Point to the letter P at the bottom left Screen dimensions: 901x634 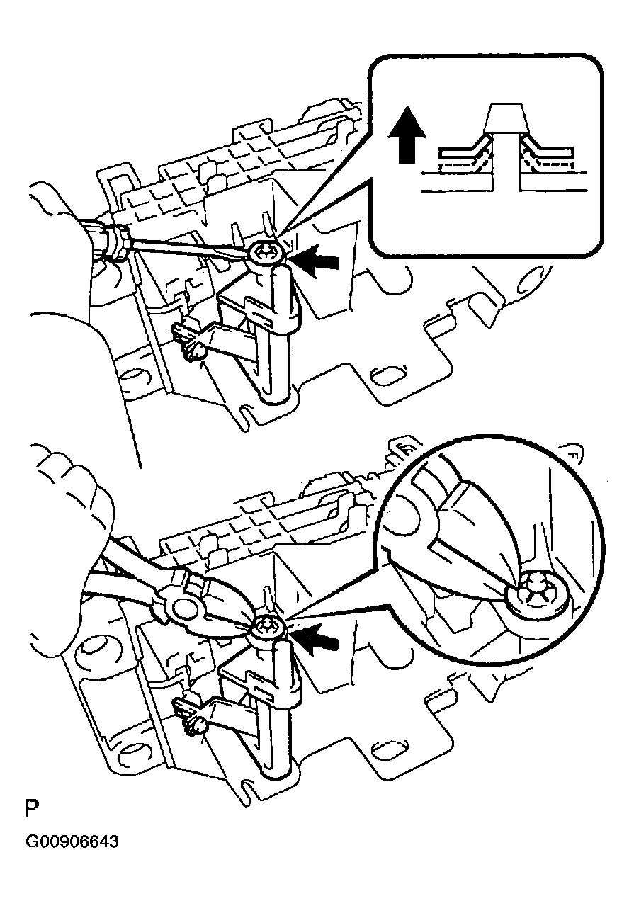[32, 809]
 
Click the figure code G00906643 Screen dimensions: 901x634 [72, 842]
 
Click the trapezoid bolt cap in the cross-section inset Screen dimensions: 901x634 [504, 118]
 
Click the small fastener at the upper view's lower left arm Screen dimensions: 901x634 [193, 348]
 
